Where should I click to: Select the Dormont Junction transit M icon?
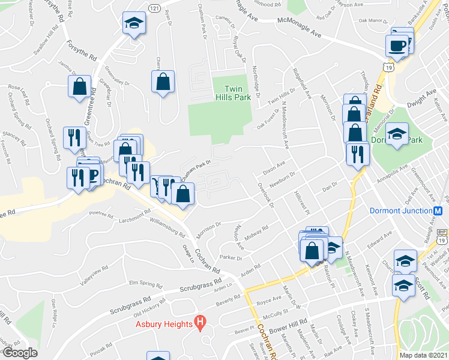pyautogui.click(x=438, y=211)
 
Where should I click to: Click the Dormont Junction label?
pyautogui.click(x=400, y=211)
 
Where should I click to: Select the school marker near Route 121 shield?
pyautogui.click(x=134, y=25)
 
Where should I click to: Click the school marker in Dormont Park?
pyautogui.click(x=397, y=134)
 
